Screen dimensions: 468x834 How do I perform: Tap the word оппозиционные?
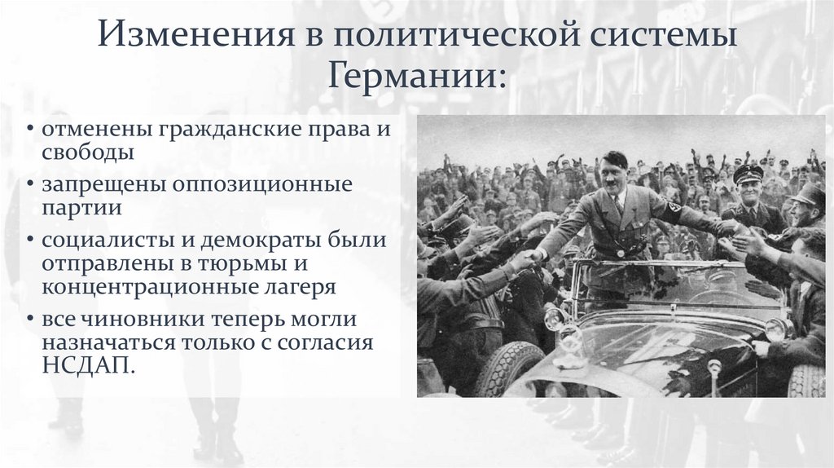tap(262, 185)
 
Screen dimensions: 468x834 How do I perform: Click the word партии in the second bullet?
tap(83, 207)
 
